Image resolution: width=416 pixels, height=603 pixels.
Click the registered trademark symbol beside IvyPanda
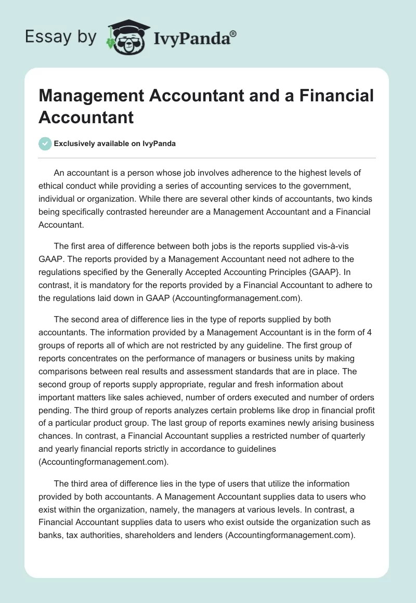(x=233, y=34)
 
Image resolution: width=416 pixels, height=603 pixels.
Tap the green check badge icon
(x=45, y=143)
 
